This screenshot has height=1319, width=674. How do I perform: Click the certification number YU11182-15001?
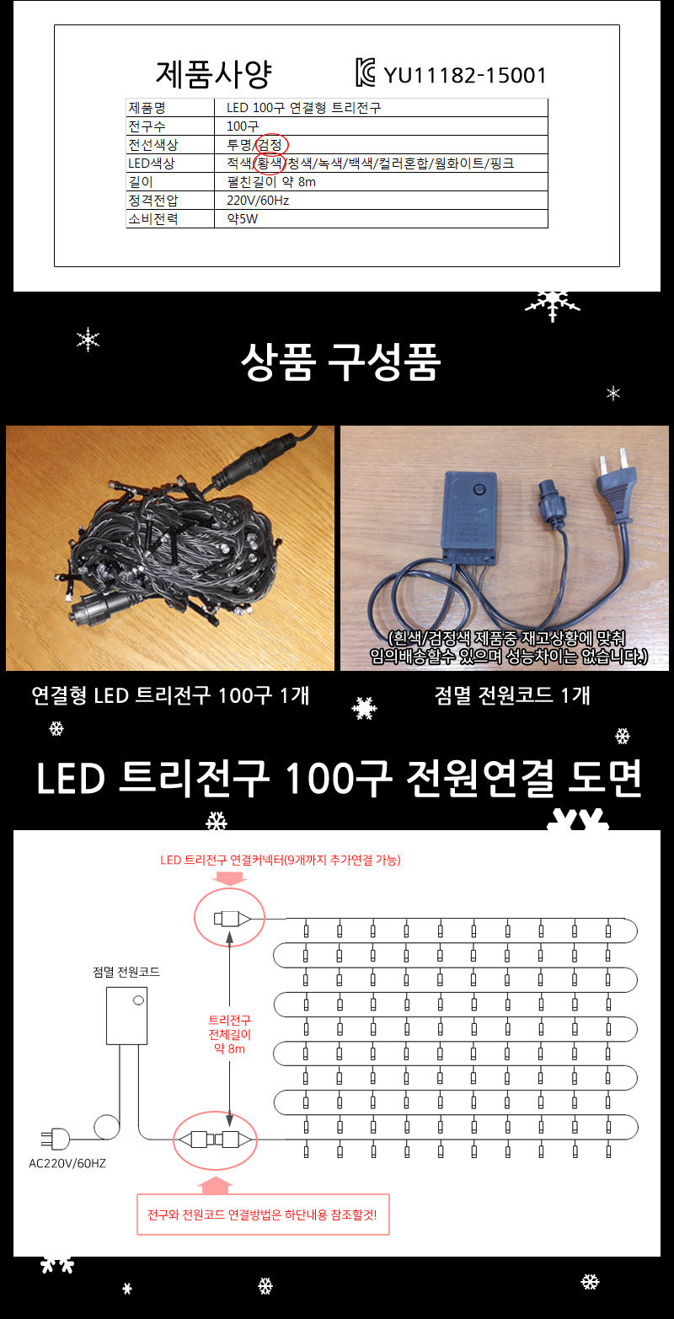coord(465,76)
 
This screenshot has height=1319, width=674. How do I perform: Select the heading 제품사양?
coord(213,74)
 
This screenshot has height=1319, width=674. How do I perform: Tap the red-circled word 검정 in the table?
coord(271,144)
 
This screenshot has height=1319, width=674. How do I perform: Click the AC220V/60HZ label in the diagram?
coord(68,1164)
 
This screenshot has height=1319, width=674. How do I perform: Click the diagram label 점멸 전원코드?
coord(126,972)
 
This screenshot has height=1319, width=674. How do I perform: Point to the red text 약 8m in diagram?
coord(228,1048)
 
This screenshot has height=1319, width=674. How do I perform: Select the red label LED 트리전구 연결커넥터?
coord(281,861)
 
